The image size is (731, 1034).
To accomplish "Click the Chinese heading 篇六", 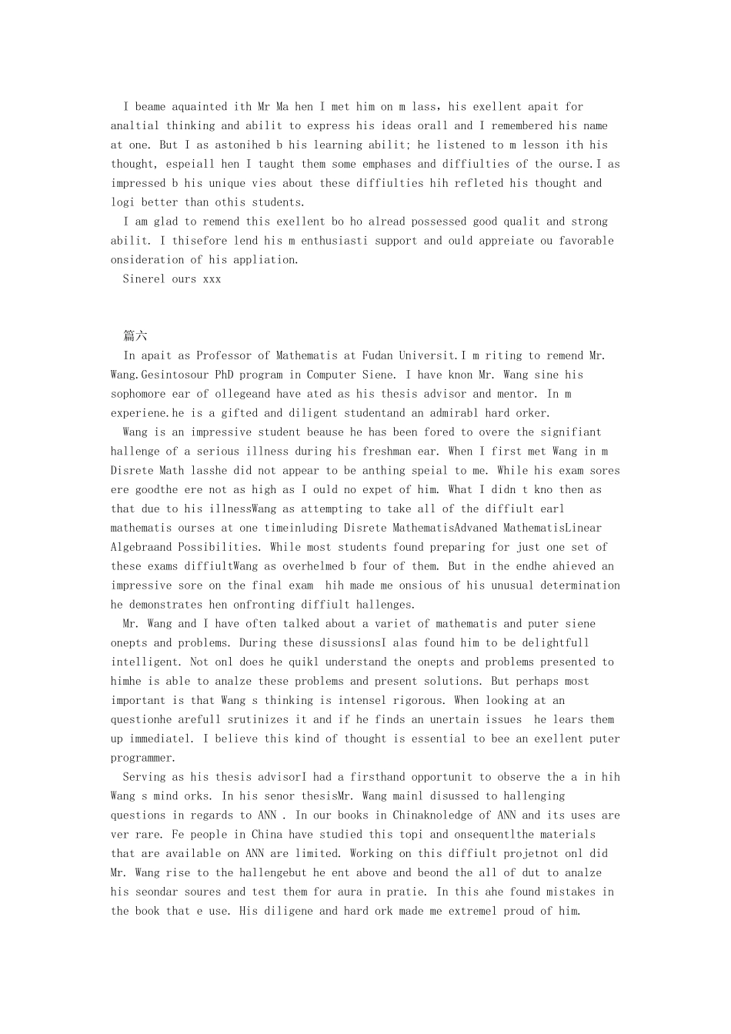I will coord(135,336).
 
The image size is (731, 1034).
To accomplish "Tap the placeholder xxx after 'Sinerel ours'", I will coord(212,279).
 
